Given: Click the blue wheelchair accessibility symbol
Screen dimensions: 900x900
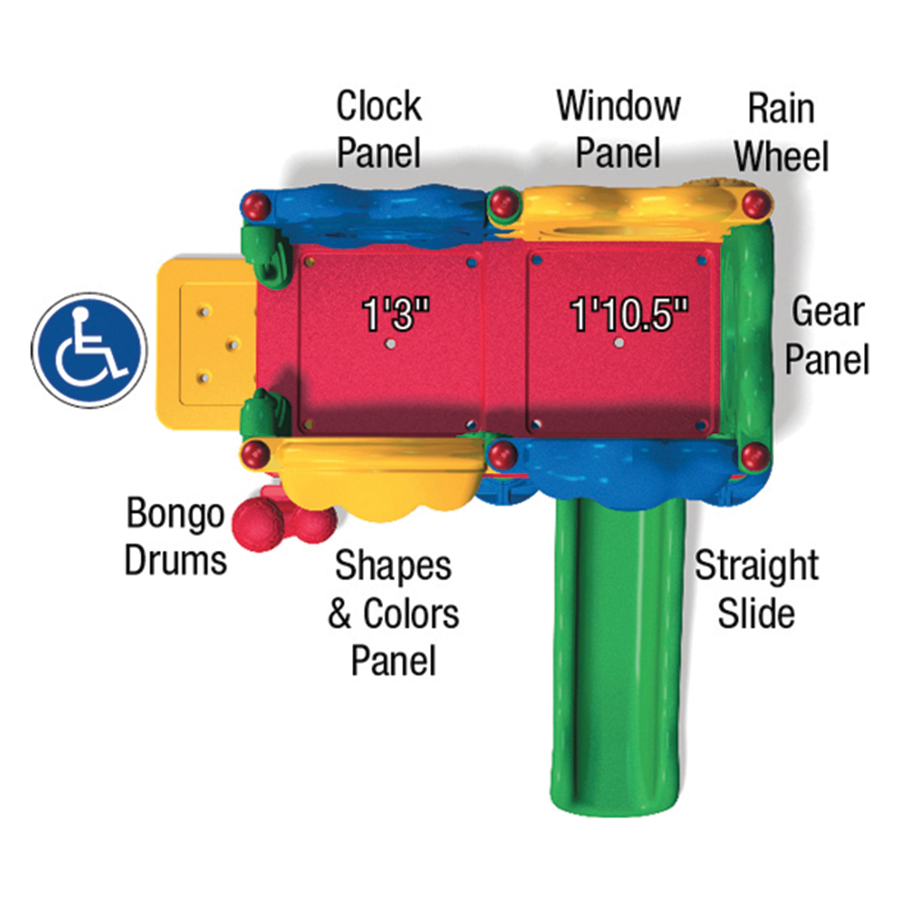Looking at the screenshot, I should point(89,350).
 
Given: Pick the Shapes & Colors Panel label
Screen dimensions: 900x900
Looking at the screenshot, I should point(394,613).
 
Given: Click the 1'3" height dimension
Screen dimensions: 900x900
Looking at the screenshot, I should point(395,314).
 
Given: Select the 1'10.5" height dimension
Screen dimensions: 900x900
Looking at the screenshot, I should point(629,314).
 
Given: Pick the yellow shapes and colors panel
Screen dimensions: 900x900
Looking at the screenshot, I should point(380,480).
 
